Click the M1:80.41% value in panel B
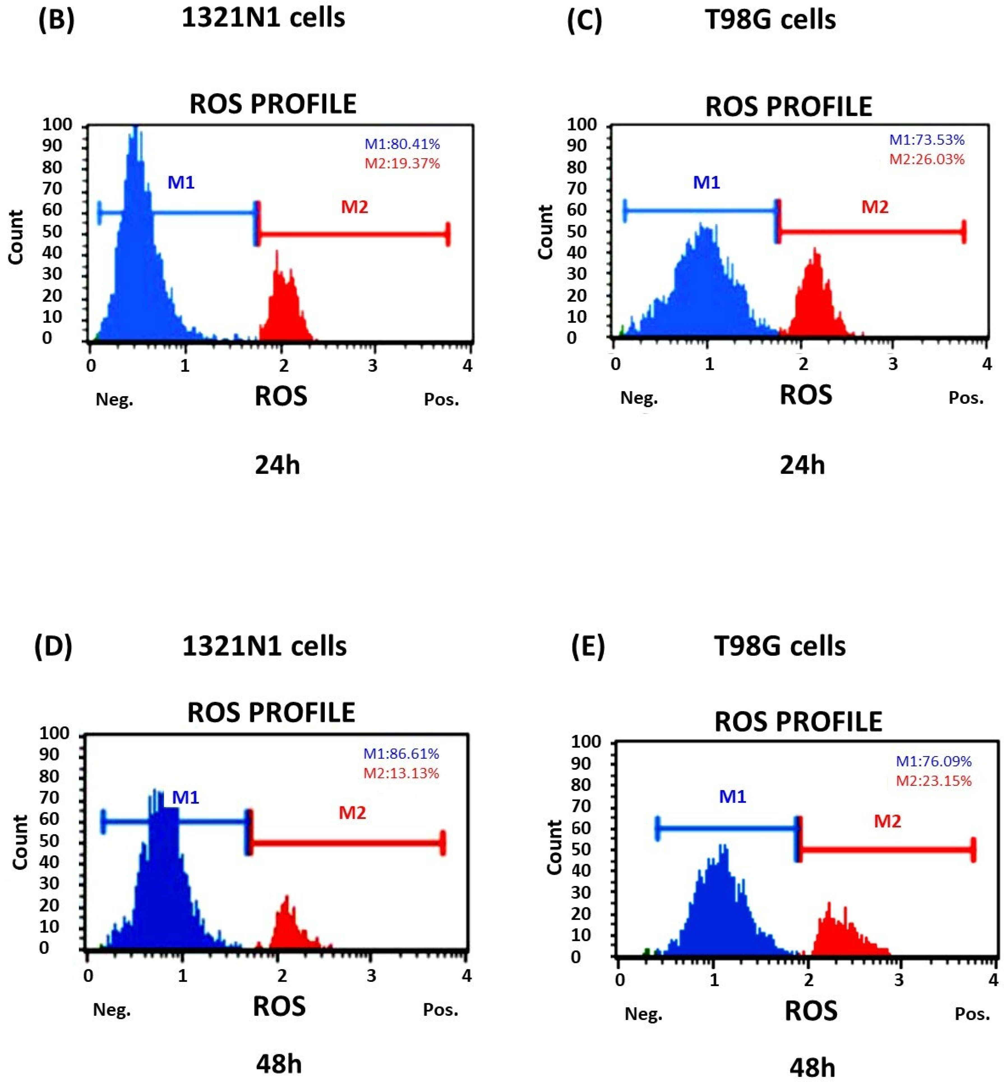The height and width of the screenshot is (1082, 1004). [402, 144]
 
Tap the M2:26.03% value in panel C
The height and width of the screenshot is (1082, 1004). [927, 159]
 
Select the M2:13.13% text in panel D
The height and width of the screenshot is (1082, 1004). [401, 773]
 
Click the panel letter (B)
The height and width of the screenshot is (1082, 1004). [56, 20]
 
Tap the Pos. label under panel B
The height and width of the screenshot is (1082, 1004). [441, 400]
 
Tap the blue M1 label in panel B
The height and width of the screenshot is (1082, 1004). [181, 183]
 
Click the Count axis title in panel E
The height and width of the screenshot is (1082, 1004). [554, 847]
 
